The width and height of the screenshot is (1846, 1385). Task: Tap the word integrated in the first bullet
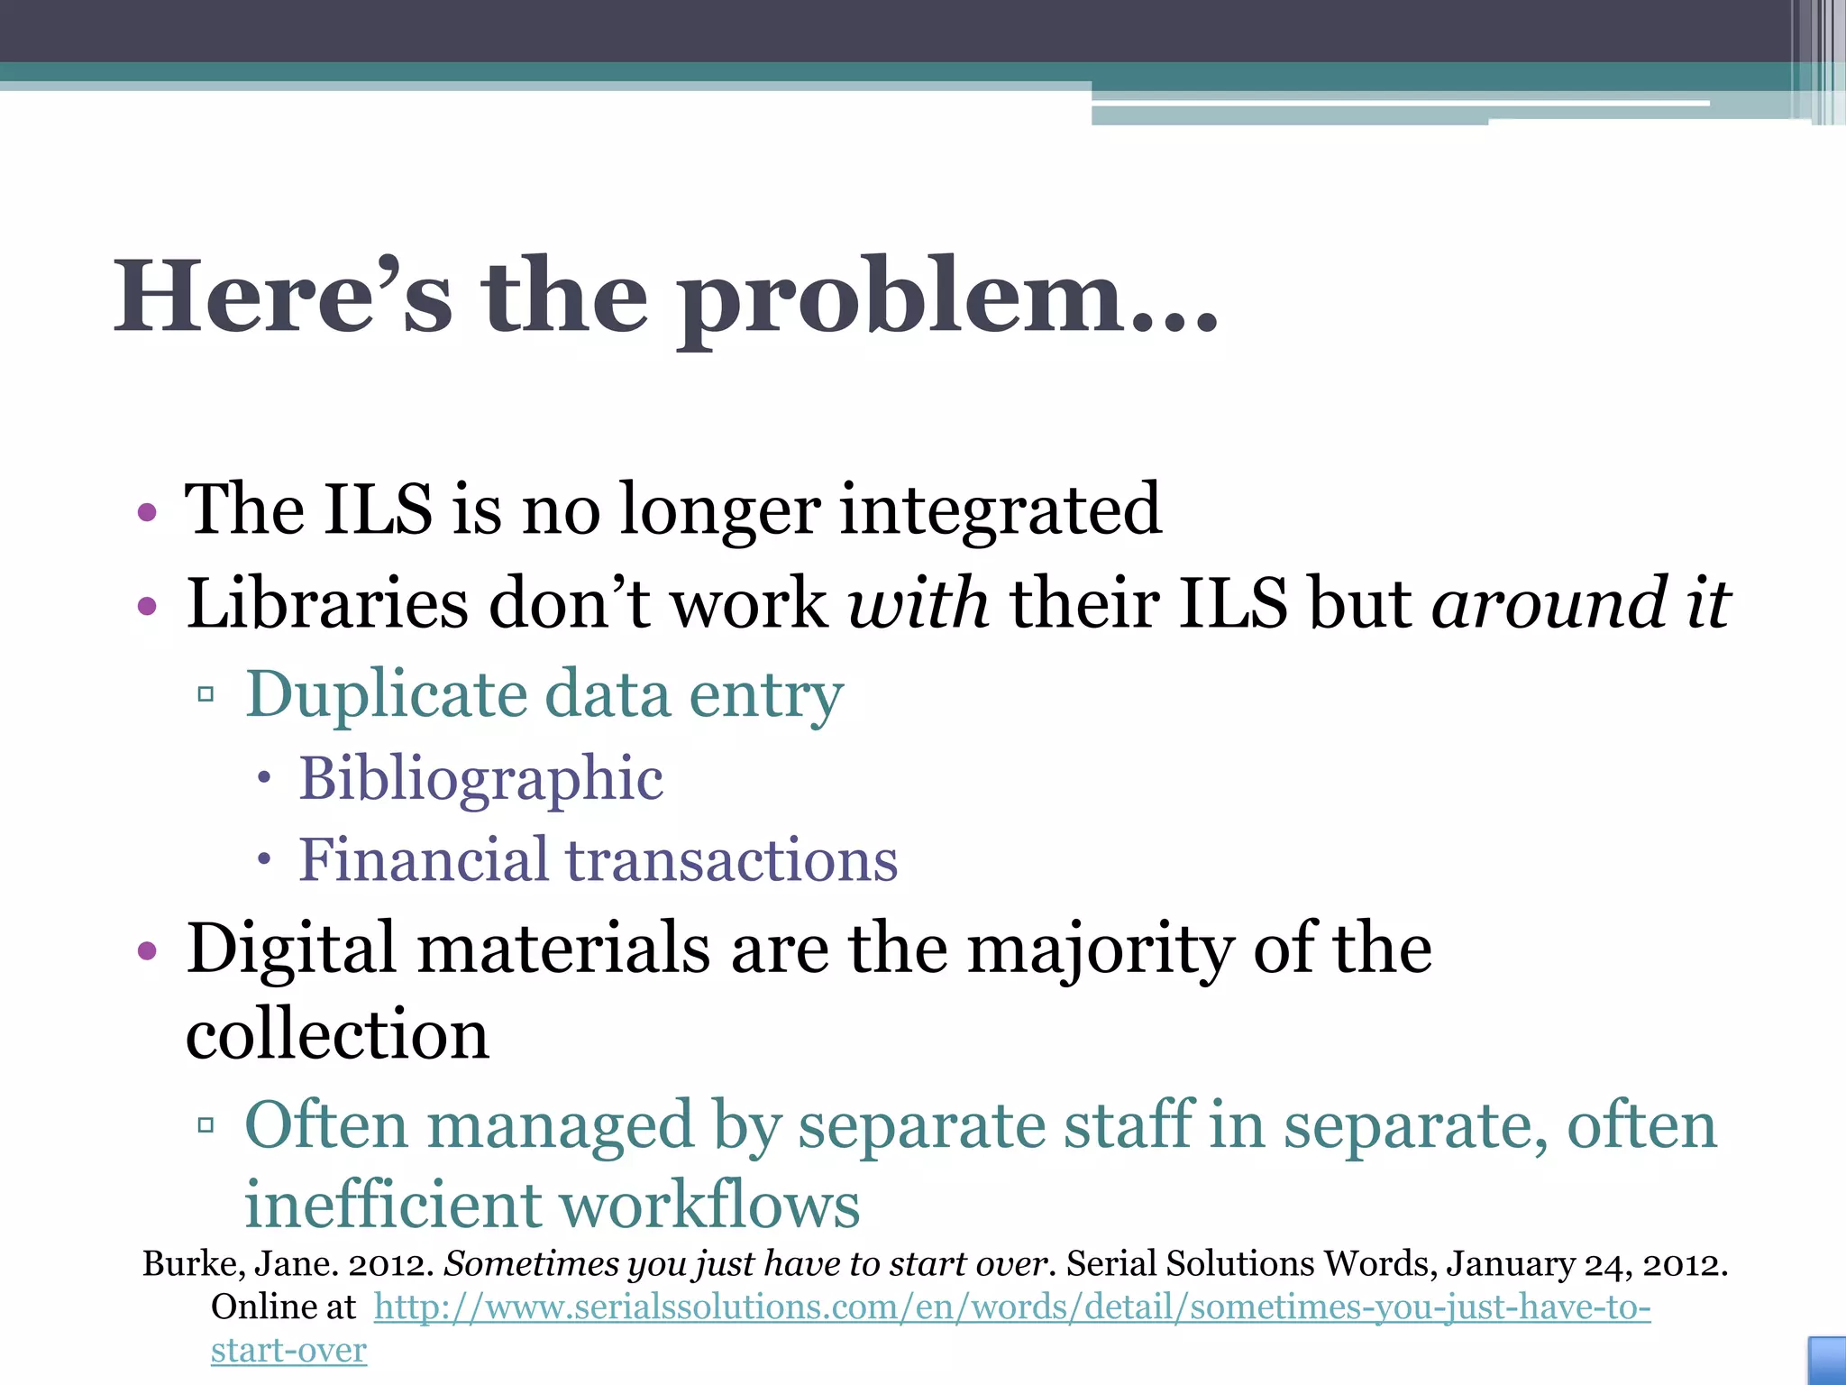[x=1001, y=510]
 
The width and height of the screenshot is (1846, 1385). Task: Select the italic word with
[x=918, y=603]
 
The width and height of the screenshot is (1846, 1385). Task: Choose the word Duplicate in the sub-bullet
[x=387, y=695]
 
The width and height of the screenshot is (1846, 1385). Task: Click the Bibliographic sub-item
[x=481, y=778]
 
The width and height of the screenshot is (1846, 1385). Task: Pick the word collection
[x=337, y=1034]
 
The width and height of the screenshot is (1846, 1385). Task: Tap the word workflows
[x=709, y=1205]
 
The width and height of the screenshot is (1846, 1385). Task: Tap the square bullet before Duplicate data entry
[x=206, y=694]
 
